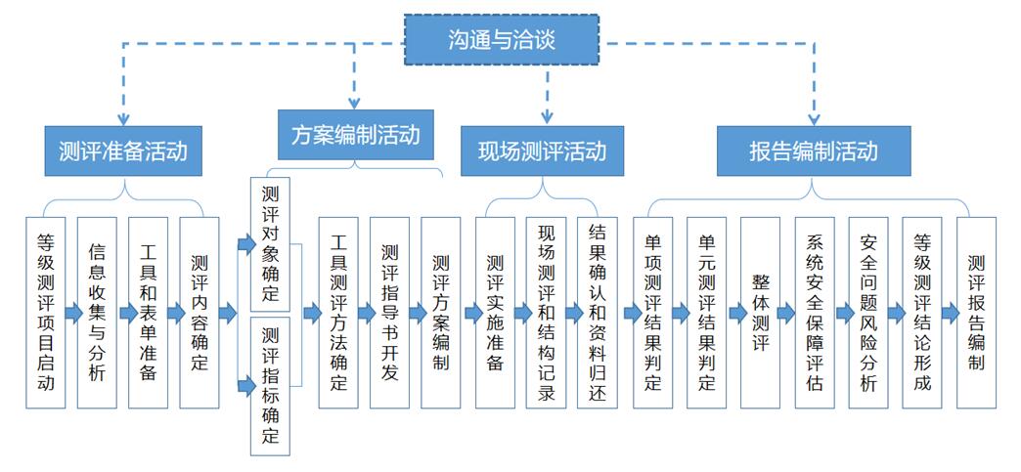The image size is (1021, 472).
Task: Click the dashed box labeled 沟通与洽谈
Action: pyautogui.click(x=501, y=40)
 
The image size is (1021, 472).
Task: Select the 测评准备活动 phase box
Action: pyautogui.click(x=121, y=151)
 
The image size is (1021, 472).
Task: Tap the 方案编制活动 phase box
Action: pyautogui.click(x=355, y=134)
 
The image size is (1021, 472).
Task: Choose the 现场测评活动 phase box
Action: pyautogui.click(x=541, y=151)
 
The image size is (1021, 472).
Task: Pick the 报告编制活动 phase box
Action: pyautogui.click(x=813, y=151)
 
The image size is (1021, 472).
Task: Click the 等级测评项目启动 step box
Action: pyautogui.click(x=45, y=313)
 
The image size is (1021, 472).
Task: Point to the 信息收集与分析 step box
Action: pyautogui.click(x=97, y=313)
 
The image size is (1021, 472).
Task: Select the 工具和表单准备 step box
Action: pyautogui.click(x=148, y=313)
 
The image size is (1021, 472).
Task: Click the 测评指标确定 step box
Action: pyautogui.click(x=271, y=385)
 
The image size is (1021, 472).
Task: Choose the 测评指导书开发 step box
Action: pyautogui.click(x=389, y=313)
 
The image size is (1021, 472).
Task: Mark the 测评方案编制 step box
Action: pyautogui.click(x=440, y=313)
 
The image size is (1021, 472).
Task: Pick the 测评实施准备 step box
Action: pyautogui.click(x=495, y=313)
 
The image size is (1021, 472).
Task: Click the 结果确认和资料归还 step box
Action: pyautogui.click(x=597, y=313)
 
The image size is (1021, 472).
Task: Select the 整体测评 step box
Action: pyautogui.click(x=760, y=313)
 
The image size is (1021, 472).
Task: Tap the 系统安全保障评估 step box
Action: pyautogui.click(x=815, y=313)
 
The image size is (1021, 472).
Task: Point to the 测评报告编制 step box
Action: pyautogui.click(x=975, y=313)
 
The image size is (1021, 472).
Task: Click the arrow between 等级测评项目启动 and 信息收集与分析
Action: pyautogui.click(x=71, y=314)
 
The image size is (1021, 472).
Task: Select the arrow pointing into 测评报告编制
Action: pyautogui.click(x=949, y=314)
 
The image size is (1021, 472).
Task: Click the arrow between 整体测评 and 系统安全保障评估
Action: pyautogui.click(x=787, y=314)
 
